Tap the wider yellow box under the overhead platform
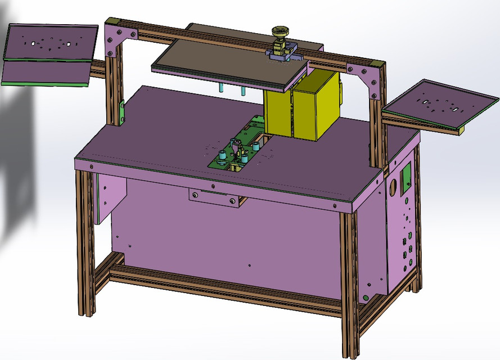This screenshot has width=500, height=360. point(317,106)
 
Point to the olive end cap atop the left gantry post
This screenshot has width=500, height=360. point(111,21)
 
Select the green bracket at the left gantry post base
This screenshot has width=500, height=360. point(122,112)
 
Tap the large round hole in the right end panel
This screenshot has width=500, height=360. point(394,184)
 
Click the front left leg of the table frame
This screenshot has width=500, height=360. point(84,242)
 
